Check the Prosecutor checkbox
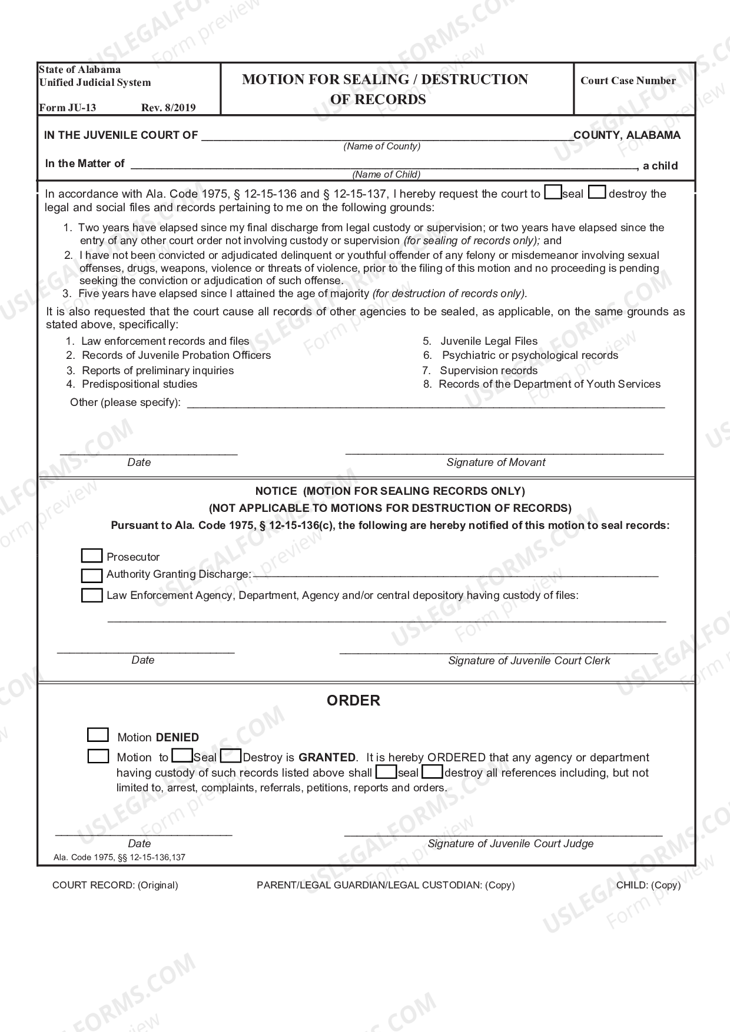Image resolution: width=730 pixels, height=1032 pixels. click(x=91, y=556)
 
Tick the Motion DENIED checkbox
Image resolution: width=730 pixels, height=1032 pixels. click(x=98, y=735)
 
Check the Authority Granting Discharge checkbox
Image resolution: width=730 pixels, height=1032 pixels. click(x=91, y=575)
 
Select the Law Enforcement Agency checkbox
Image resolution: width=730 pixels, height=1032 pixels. click(x=91, y=595)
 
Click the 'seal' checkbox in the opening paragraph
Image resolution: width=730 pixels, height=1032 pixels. click(x=553, y=193)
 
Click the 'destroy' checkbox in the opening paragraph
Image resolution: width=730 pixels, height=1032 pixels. click(x=597, y=193)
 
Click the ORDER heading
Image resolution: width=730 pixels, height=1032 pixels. click(x=353, y=701)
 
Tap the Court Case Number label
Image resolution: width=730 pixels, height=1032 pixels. click(x=628, y=81)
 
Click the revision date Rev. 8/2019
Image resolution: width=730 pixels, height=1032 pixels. click(x=168, y=108)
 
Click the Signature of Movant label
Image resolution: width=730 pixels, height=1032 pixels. click(x=496, y=462)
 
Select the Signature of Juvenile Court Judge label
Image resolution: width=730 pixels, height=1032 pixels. click(x=510, y=844)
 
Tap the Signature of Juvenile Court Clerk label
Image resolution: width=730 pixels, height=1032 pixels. click(x=529, y=661)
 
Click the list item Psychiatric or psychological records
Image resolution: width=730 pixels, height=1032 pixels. click(x=529, y=355)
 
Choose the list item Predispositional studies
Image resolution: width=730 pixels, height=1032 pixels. click(x=140, y=384)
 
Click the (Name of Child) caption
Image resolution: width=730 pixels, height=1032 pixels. click(x=386, y=174)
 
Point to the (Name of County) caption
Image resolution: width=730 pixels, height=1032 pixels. click(x=382, y=146)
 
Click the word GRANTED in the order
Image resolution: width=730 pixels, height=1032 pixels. click(x=327, y=758)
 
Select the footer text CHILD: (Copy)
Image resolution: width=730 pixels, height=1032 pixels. click(x=648, y=885)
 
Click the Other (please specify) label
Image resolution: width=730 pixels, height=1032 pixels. click(x=125, y=402)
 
